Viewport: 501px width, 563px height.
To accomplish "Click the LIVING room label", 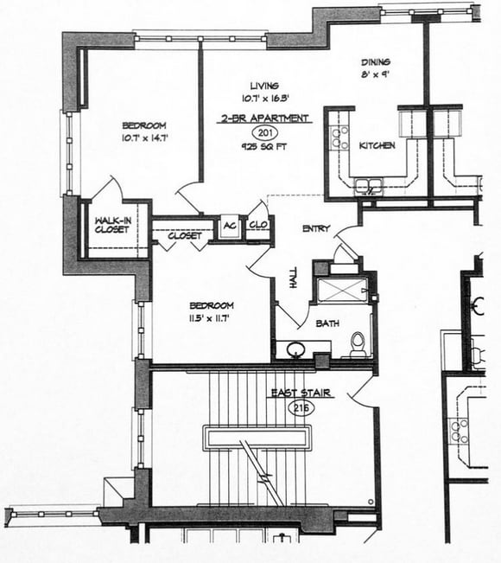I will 264,86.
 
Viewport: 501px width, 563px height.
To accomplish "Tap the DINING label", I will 376,62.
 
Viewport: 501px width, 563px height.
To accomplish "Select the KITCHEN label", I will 377,145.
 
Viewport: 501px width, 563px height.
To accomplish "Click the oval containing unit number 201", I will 264,132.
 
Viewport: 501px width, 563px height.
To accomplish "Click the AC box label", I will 231,225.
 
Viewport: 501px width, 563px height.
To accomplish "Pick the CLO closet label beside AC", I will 258,225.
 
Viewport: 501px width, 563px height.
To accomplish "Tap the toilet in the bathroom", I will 358,343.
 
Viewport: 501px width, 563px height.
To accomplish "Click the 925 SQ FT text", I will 264,148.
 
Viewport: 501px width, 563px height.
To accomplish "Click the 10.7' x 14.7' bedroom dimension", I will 143,137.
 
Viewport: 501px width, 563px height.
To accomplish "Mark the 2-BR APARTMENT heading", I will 264,118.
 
